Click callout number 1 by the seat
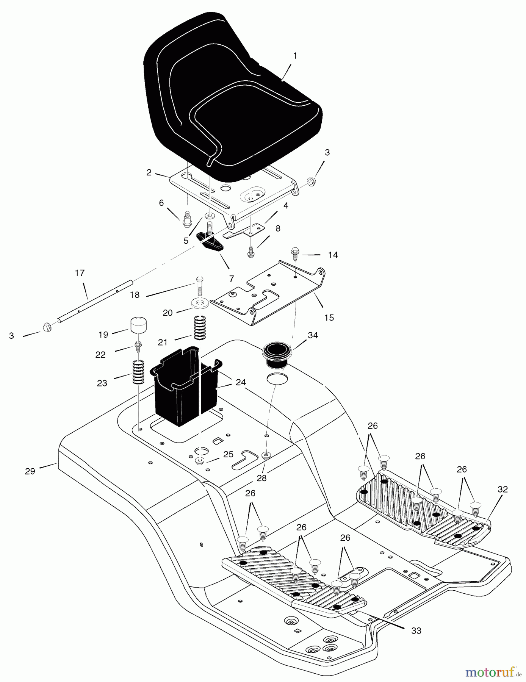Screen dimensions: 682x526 (295, 56)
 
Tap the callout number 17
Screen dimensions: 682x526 (80, 273)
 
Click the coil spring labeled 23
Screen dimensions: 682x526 (139, 372)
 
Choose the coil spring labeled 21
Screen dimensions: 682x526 (200, 328)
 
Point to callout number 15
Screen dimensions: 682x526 (329, 318)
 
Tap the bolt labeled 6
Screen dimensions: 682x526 (186, 220)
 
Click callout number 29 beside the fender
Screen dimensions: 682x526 (30, 471)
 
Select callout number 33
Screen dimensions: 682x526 (416, 630)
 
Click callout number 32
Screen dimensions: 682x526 (503, 490)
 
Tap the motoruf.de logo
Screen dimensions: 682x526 (493, 672)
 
